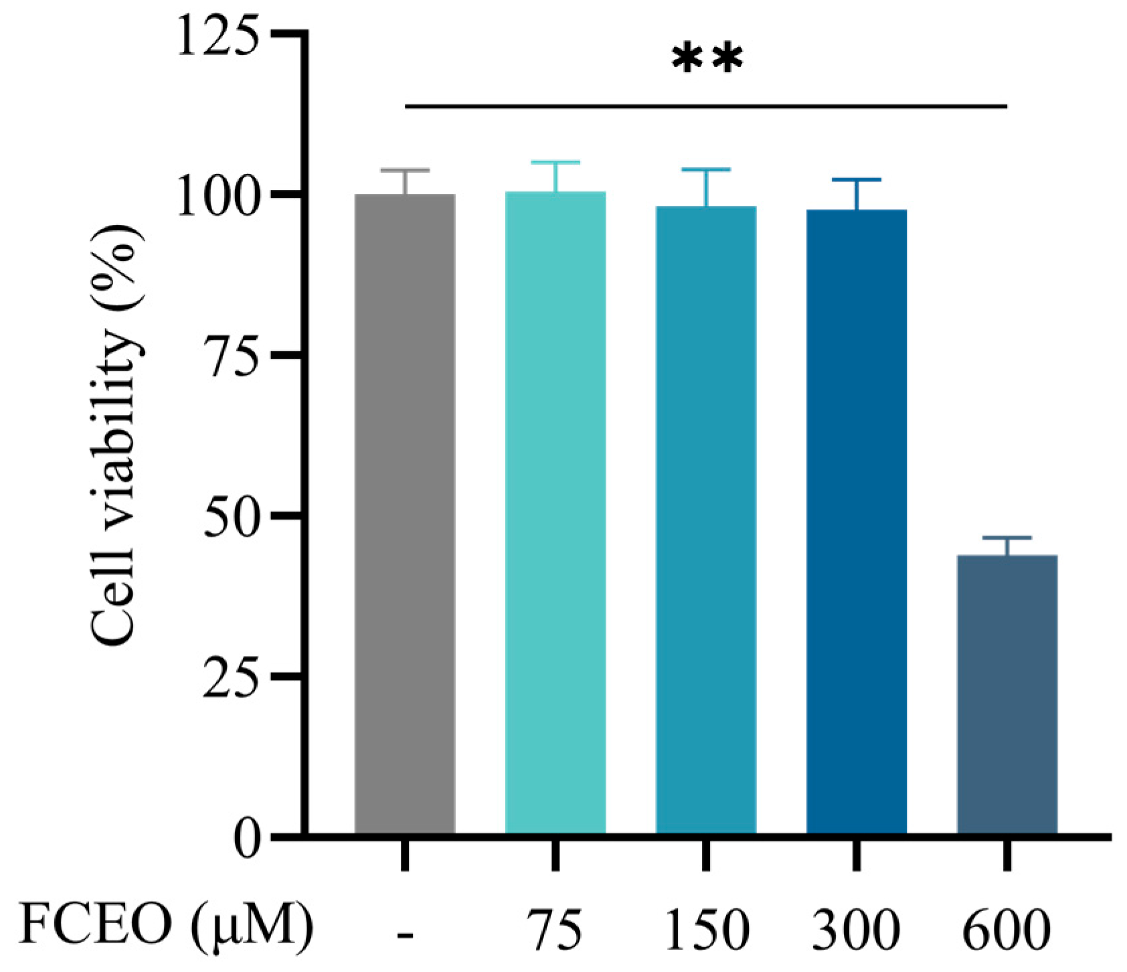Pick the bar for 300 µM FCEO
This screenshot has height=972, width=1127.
pyautogui.click(x=857, y=521)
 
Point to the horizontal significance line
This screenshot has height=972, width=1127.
pyautogui.click(x=706, y=106)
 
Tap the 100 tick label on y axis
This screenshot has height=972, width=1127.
pyautogui.click(x=217, y=195)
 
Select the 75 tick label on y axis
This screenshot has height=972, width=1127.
pyautogui.click(x=230, y=355)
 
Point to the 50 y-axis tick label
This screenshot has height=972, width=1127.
pyautogui.click(x=230, y=516)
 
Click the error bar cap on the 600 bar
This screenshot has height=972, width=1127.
pyautogui.click(x=1007, y=538)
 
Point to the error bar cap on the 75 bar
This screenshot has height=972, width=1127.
pyautogui.click(x=555, y=163)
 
